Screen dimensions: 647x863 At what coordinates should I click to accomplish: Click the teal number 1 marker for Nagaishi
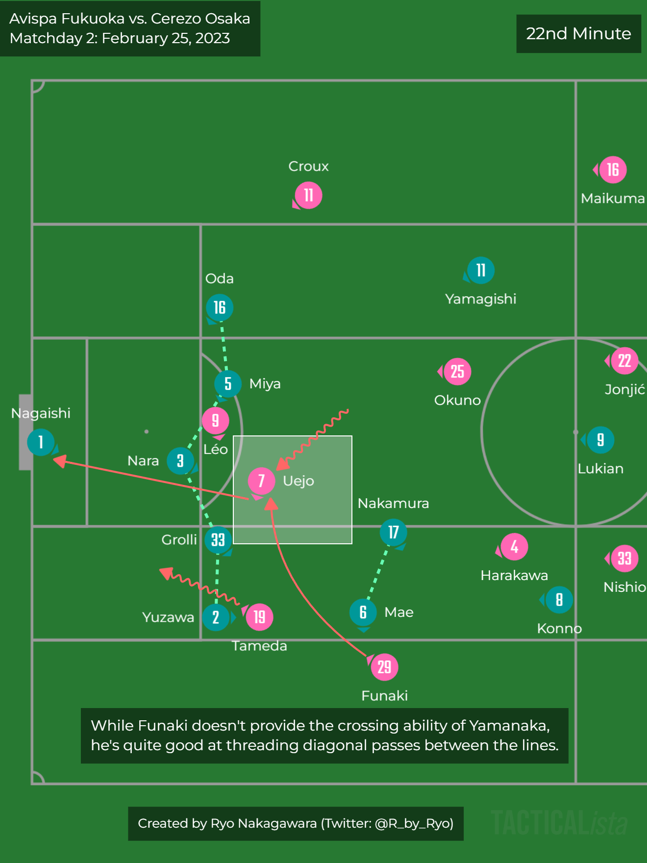[x=41, y=442]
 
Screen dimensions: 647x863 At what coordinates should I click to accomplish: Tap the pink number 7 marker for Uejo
[x=261, y=481]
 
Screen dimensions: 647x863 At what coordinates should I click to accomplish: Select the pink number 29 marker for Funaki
[x=385, y=667]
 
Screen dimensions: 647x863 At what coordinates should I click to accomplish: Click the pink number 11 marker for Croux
[x=308, y=195]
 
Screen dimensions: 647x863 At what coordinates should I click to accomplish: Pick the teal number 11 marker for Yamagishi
[x=481, y=270]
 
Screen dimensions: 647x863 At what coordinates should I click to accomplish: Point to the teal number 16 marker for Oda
[x=220, y=307]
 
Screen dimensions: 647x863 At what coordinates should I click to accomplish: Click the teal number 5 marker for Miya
[x=228, y=383]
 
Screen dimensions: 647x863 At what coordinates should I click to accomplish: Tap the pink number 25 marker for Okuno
[x=457, y=371]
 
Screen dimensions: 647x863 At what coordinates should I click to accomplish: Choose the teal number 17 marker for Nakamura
[x=394, y=532]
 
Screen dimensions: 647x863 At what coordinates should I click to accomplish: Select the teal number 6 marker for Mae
[x=363, y=612]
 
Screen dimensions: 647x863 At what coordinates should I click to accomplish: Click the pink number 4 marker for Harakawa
[x=514, y=546]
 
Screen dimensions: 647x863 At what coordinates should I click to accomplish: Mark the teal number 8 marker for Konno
[x=559, y=600]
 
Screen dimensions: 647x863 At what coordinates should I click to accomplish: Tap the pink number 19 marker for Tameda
[x=259, y=617]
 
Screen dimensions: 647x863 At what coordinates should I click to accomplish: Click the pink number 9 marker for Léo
[x=215, y=420]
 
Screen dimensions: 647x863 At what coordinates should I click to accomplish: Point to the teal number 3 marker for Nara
[x=180, y=460]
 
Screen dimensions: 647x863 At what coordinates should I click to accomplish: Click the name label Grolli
[x=179, y=540]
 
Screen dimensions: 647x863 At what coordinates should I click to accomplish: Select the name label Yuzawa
[x=168, y=617]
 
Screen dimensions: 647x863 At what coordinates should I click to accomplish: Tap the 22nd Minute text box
[x=578, y=33]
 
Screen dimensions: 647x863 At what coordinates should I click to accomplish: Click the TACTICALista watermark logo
[x=559, y=823]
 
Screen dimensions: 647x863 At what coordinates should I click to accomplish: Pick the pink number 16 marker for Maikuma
[x=613, y=170]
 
